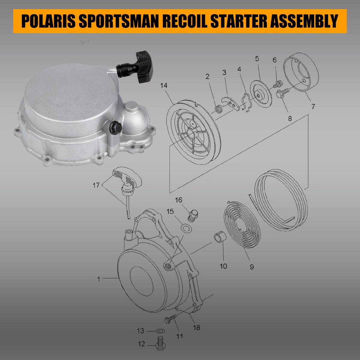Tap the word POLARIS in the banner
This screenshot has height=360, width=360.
[x=51, y=21]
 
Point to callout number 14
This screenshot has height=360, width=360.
[x=163, y=86]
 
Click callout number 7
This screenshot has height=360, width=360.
[x=313, y=106]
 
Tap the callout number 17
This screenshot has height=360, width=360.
[x=96, y=185]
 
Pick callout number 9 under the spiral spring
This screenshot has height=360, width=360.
[x=251, y=266]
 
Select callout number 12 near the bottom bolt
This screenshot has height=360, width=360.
[x=142, y=344]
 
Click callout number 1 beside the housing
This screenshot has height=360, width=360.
[x=98, y=279]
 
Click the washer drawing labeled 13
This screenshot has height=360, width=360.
[x=161, y=331]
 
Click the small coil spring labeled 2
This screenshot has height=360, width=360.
[x=218, y=108]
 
